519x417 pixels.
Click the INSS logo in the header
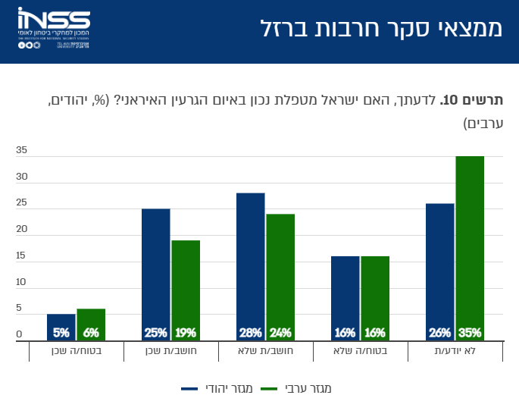click(x=54, y=29)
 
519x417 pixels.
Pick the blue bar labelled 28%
click(x=251, y=266)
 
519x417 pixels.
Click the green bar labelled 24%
click(x=280, y=277)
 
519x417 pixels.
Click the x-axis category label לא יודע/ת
click(x=455, y=351)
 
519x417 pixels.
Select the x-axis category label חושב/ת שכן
click(x=170, y=351)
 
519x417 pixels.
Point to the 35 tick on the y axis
click(x=21, y=151)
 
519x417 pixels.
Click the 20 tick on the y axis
click(x=21, y=229)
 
